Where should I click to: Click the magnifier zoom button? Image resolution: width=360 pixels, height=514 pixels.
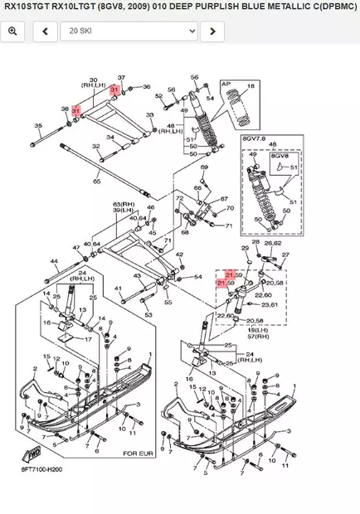(13, 32)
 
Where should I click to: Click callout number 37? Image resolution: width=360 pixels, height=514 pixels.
(121, 76)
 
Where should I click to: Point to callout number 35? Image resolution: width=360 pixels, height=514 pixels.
(37, 126)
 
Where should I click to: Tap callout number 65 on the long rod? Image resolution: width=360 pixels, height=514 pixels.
(97, 181)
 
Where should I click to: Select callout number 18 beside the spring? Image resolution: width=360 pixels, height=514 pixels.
(252, 85)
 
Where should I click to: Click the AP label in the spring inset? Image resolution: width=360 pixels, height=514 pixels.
(225, 84)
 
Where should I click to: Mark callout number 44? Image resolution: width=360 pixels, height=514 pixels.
(55, 261)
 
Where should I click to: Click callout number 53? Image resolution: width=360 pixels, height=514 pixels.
(148, 315)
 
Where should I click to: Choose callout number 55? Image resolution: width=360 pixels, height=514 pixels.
(168, 303)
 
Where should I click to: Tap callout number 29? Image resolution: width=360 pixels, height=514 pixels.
(245, 248)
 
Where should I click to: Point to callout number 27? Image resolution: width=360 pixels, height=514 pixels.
(286, 255)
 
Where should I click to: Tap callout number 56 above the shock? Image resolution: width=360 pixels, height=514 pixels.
(196, 77)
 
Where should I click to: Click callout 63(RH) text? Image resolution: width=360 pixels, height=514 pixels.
(124, 203)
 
